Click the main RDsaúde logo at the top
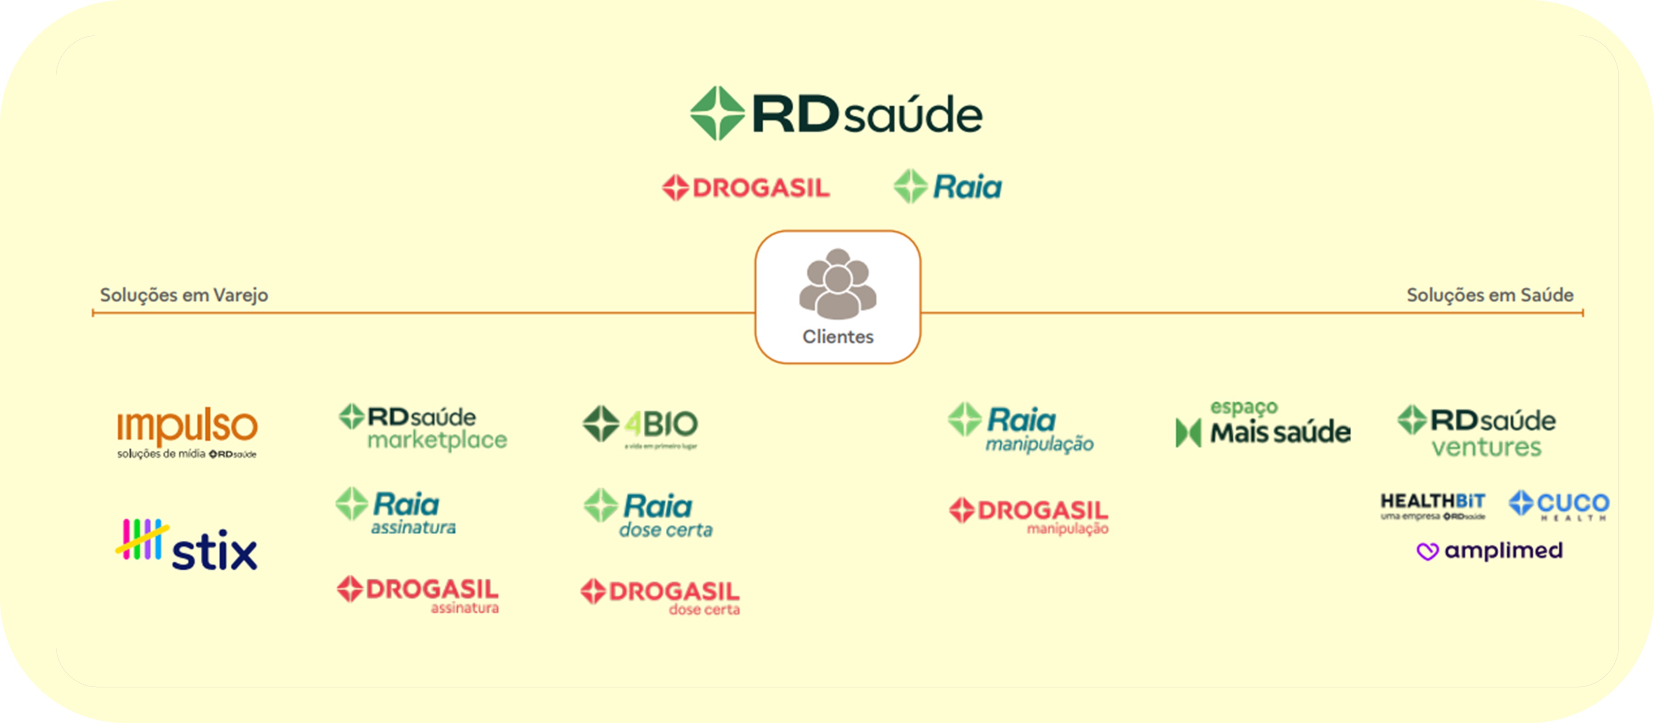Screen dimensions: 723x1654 (x=836, y=114)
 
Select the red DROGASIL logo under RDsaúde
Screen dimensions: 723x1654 (x=746, y=188)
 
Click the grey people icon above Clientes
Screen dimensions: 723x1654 (x=837, y=284)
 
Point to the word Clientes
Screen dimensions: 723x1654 (x=837, y=337)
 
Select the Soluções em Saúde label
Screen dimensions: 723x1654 (x=1489, y=295)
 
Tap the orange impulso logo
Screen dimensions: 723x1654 (x=187, y=431)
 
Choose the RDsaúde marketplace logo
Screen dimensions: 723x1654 (x=423, y=427)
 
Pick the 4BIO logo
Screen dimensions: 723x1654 (x=640, y=426)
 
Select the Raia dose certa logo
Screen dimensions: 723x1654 (x=649, y=513)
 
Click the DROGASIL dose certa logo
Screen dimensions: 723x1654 (x=660, y=596)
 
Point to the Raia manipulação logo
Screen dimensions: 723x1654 (x=1021, y=428)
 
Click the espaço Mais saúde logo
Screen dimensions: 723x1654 (x=1263, y=425)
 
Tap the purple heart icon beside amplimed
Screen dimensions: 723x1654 (x=1427, y=551)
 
